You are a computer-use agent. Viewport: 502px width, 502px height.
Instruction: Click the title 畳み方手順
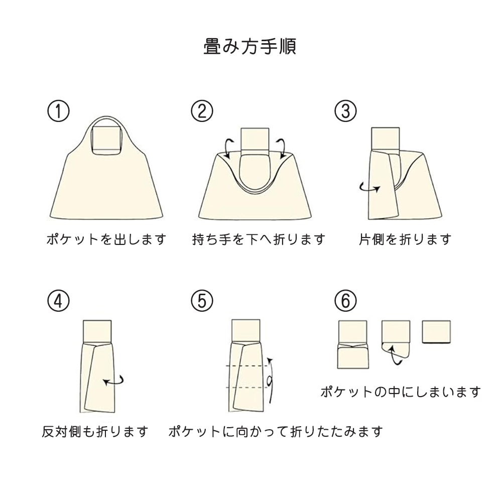pyautogui.click(x=249, y=46)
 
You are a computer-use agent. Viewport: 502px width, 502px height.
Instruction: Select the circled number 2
pyautogui.click(x=202, y=111)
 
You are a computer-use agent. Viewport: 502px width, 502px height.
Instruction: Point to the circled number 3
pyautogui.click(x=345, y=111)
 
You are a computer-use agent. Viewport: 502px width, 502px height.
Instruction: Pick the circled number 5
pyautogui.click(x=202, y=301)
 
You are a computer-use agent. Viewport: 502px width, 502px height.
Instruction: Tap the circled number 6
pyautogui.click(x=345, y=301)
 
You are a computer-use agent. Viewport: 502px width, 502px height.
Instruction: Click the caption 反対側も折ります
pyautogui.click(x=95, y=431)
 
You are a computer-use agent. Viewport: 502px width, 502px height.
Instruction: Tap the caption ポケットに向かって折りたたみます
pyautogui.click(x=276, y=431)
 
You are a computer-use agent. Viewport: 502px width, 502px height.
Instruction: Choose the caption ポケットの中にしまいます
pyautogui.click(x=401, y=392)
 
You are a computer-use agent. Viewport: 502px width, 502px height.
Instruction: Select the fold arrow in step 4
pyautogui.click(x=114, y=382)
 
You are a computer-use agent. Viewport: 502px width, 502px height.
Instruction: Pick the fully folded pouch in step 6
pyautogui.click(x=437, y=331)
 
